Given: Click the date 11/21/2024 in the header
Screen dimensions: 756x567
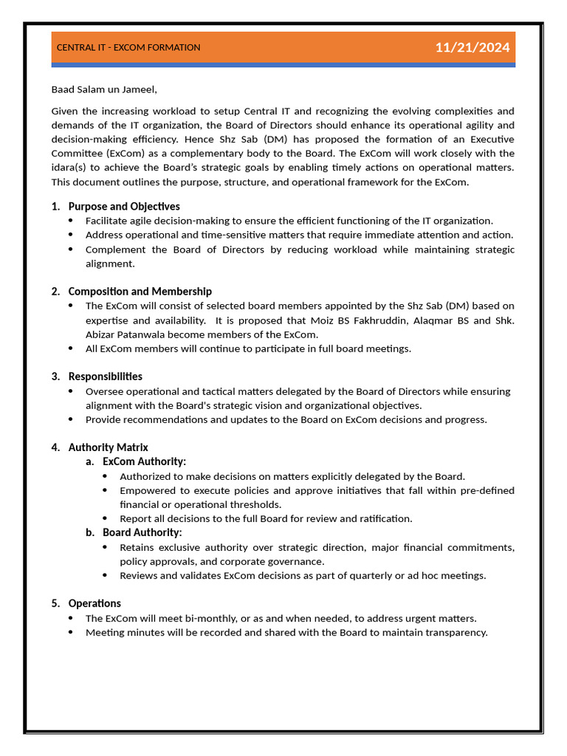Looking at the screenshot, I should (x=472, y=48).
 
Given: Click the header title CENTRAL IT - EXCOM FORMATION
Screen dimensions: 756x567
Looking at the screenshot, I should (x=128, y=48).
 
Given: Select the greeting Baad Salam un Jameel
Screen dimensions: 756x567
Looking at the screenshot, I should (x=104, y=90).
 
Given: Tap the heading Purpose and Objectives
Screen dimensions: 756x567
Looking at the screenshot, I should (x=124, y=207).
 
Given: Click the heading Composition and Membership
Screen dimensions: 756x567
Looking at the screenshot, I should (x=140, y=292).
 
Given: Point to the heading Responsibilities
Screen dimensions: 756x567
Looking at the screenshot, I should (x=106, y=377).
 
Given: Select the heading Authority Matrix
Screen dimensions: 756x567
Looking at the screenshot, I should (x=109, y=447).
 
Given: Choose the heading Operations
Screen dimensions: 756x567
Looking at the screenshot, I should (x=94, y=603).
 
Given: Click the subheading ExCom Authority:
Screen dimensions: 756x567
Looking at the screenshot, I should (x=145, y=461).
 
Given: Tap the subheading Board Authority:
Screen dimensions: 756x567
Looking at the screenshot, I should (x=142, y=532).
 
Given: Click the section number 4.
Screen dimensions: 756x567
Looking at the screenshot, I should (x=55, y=447).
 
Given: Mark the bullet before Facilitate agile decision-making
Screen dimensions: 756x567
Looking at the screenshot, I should (x=71, y=221).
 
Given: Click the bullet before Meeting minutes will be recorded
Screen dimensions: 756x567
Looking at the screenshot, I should (x=71, y=632).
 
